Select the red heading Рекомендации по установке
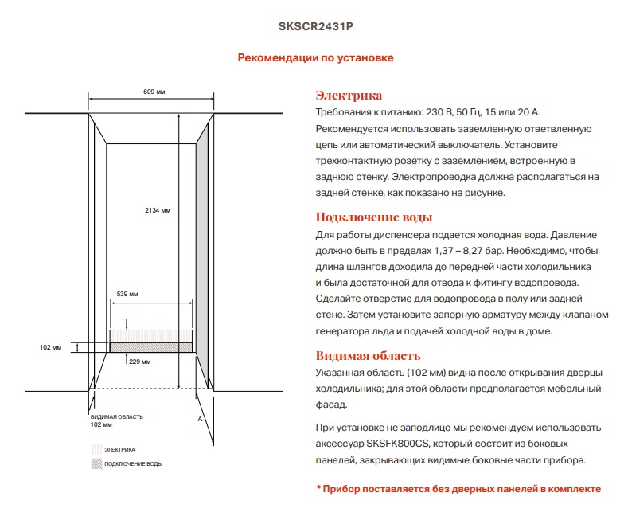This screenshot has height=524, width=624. [x=316, y=57]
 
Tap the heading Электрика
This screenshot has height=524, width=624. [x=349, y=96]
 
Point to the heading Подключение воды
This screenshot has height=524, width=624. [x=374, y=217]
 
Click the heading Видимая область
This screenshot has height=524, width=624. [x=369, y=355]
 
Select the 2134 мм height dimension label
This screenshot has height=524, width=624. [x=158, y=210]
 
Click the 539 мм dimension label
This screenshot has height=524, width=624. [x=127, y=294]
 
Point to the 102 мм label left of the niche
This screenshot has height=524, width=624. [x=50, y=348]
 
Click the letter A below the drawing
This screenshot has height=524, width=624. [x=200, y=417]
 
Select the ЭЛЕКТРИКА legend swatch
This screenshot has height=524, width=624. [x=96, y=449]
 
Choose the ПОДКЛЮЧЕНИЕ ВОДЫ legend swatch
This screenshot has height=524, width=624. [x=96, y=463]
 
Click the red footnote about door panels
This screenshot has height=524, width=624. [x=458, y=489]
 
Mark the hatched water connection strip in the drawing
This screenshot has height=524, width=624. [x=150, y=347]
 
